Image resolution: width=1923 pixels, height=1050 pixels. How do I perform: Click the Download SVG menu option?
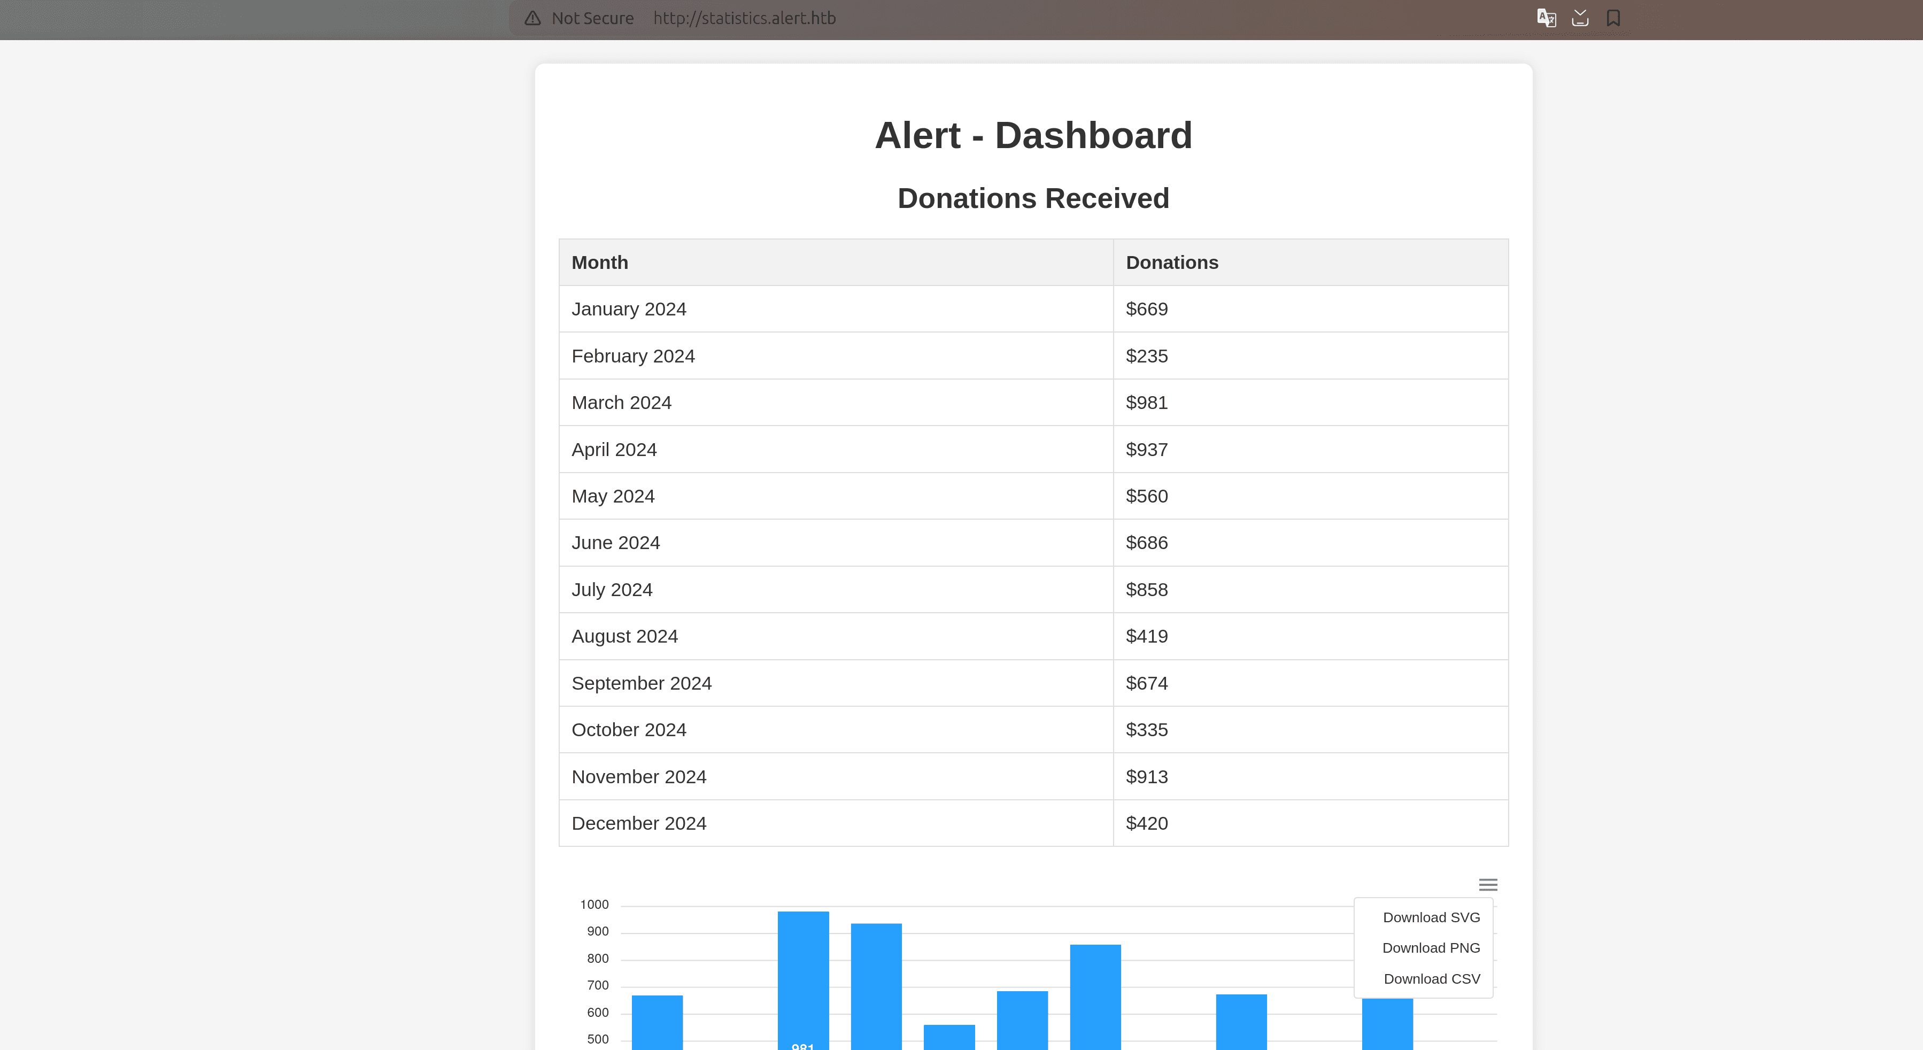(x=1430, y=917)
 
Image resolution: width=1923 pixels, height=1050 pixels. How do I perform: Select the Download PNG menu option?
(x=1430, y=948)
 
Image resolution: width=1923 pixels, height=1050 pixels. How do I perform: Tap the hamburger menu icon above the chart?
(x=1488, y=884)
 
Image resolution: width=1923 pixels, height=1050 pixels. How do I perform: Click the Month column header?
(x=599, y=262)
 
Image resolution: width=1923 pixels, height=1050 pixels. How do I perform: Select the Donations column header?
(x=1171, y=262)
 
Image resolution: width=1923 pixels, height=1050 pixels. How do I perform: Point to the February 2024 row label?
(x=633, y=356)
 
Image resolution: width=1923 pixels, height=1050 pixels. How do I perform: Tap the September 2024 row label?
(x=641, y=683)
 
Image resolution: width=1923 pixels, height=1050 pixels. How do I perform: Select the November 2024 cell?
(x=638, y=777)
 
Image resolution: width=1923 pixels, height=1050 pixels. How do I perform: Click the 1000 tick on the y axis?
(x=594, y=905)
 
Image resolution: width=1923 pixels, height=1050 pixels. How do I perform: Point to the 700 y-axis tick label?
(x=597, y=985)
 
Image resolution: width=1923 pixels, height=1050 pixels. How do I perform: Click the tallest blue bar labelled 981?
(x=802, y=978)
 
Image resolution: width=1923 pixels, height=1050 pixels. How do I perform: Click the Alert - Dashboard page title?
(x=1033, y=135)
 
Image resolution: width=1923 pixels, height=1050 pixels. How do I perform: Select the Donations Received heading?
(x=1033, y=198)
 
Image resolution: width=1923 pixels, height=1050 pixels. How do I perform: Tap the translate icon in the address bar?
(x=1546, y=18)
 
